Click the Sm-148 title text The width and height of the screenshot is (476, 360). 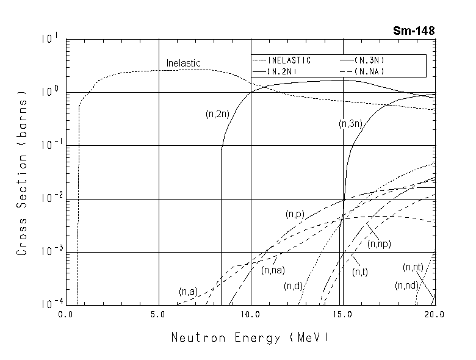414,31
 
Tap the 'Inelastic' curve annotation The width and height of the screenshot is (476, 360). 183,63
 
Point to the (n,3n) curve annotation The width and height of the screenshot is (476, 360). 351,124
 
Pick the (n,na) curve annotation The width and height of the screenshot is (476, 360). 273,270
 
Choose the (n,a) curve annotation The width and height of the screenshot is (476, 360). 187,292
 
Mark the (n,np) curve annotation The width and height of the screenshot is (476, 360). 379,243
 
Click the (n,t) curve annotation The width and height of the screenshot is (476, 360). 360,272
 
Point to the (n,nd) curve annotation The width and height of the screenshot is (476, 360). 406,286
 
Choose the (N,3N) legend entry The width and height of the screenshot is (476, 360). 369,60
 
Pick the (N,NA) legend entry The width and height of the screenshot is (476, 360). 369,71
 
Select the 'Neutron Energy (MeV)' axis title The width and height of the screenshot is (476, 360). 250,337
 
